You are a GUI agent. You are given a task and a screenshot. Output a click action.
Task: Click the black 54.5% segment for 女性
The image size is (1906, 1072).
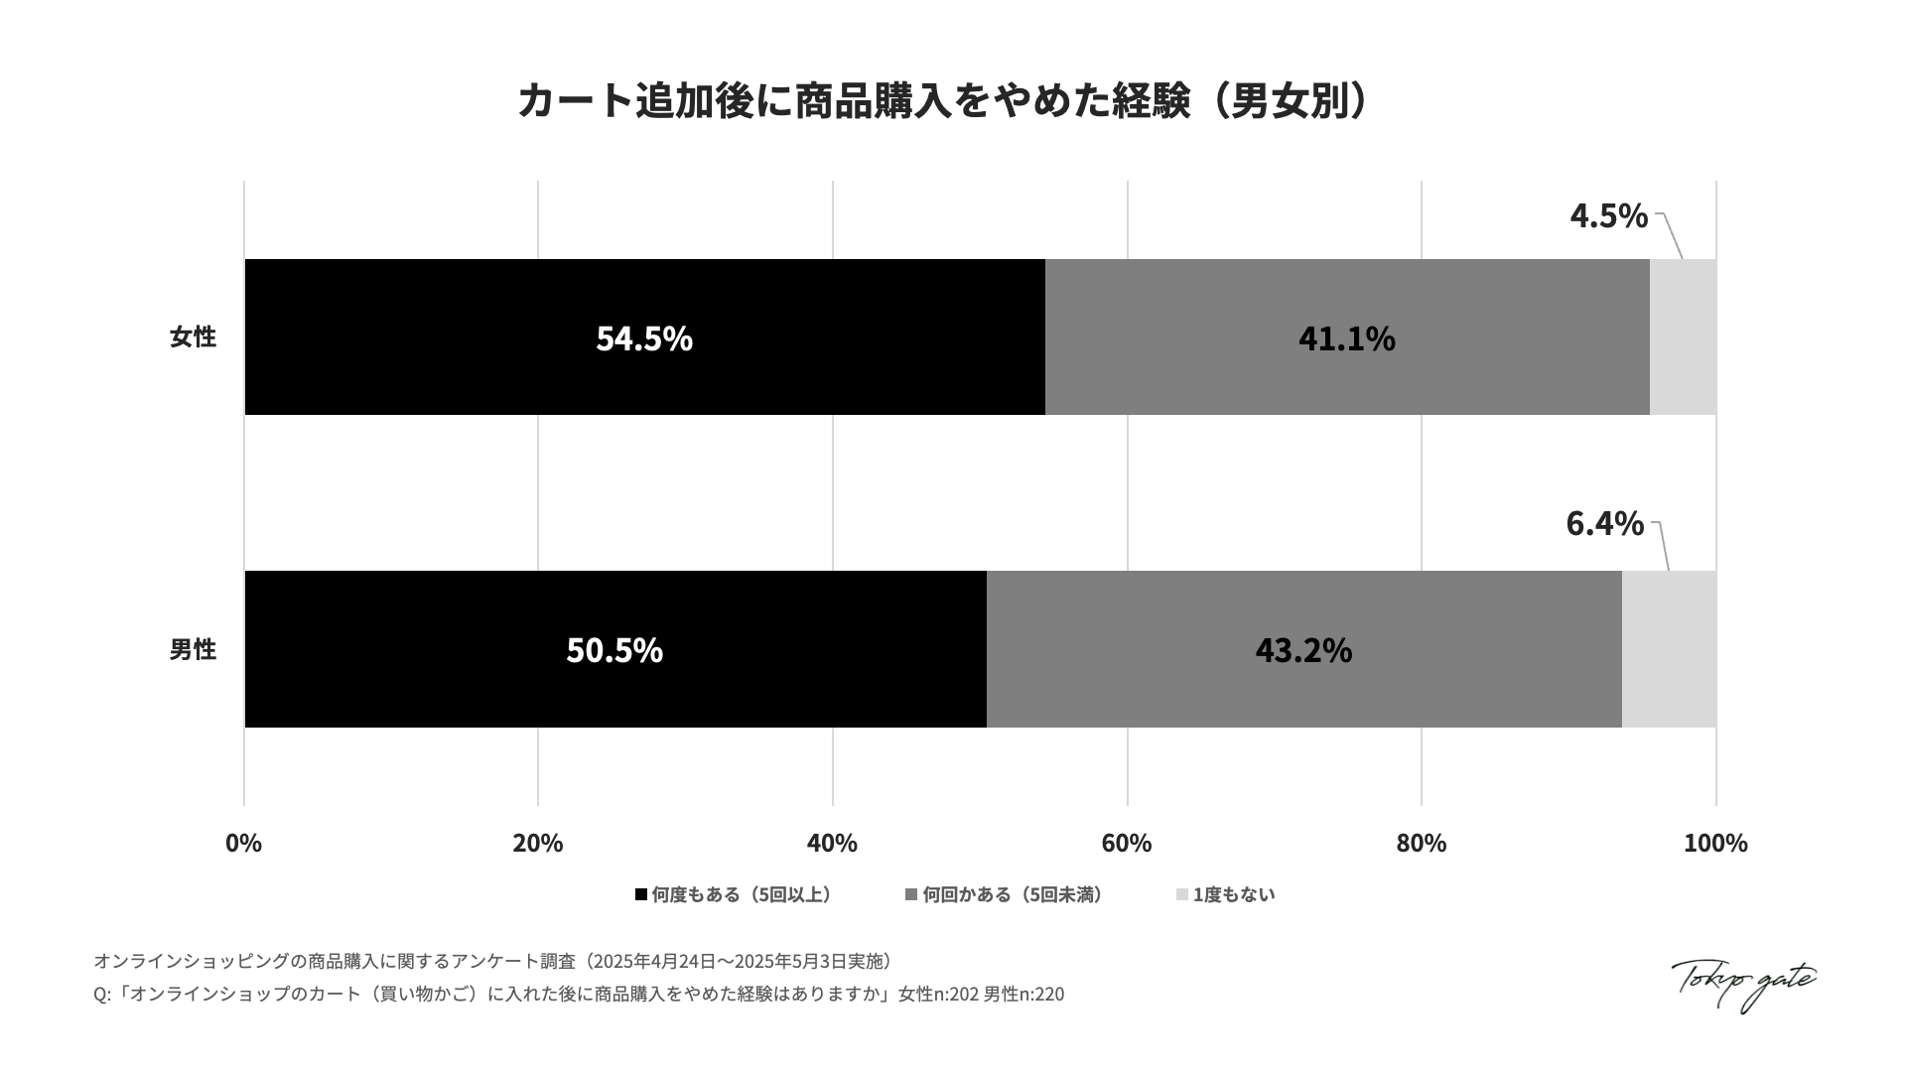[x=644, y=337]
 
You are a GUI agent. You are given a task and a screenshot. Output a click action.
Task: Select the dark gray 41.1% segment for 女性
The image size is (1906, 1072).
[x=1347, y=337]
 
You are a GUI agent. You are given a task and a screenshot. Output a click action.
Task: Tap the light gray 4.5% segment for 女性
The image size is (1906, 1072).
[x=1683, y=337]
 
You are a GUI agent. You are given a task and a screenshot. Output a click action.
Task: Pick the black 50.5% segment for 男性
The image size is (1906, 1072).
[x=614, y=649]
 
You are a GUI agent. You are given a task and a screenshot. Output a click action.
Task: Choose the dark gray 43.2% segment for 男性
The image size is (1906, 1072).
[x=1303, y=649]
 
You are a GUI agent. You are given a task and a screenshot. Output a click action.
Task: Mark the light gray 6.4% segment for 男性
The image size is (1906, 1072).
[x=1669, y=649]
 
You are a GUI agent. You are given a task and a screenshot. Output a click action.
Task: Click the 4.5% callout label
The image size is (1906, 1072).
[x=1608, y=215]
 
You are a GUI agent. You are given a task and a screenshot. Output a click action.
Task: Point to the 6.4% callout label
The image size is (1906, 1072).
[x=1604, y=523]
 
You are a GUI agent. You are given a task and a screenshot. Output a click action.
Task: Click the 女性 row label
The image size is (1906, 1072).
[x=193, y=337]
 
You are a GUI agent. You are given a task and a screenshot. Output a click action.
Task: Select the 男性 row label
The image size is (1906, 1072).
[x=193, y=649]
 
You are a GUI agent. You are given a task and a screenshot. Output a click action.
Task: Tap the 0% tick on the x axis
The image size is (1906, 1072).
[x=244, y=843]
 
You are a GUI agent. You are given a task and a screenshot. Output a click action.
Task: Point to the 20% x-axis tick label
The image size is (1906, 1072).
[x=538, y=843]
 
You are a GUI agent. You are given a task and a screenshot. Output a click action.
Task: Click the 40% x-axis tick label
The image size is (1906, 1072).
[x=832, y=843]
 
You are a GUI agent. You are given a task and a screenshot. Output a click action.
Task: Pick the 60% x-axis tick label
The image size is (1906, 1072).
[x=1127, y=843]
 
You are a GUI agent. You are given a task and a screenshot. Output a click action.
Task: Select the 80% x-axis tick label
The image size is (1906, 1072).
[x=1422, y=843]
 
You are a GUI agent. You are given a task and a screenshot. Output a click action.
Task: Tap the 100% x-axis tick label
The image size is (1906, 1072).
[x=1715, y=843]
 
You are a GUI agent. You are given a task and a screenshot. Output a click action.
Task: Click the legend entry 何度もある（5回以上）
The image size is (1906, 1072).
[x=735, y=894]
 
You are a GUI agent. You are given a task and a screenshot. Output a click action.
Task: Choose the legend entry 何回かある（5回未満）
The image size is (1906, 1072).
[x=1005, y=894]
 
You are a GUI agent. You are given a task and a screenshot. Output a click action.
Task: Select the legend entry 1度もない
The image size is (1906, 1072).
[x=1226, y=894]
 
